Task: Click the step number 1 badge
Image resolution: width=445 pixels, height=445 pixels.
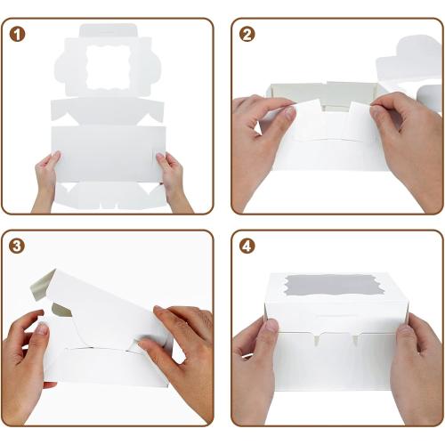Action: coord(17,35)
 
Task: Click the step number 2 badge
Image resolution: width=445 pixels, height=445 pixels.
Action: coord(247,35)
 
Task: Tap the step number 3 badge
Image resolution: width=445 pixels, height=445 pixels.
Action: coord(17,247)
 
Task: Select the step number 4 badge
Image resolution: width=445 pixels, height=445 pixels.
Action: coord(247,247)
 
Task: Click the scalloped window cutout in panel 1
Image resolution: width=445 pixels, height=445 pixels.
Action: coord(108,67)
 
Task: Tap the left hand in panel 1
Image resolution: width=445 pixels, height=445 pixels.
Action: coord(45,181)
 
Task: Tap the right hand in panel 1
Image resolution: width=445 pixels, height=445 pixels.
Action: coord(172,181)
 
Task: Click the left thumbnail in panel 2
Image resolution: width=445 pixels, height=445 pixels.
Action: coord(287,114)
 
